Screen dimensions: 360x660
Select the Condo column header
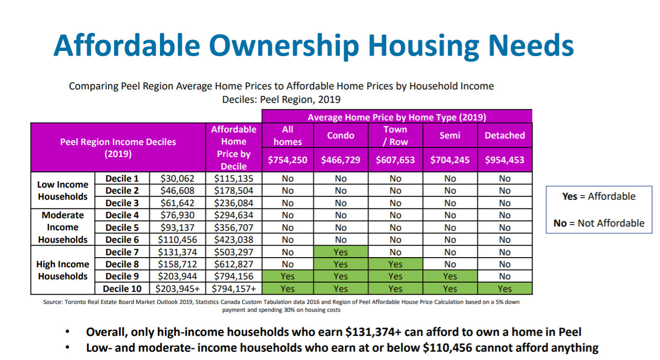[341, 136]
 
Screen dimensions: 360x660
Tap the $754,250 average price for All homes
[287, 160]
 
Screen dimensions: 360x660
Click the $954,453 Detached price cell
[505, 160]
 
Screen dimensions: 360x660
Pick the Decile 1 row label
[122, 178]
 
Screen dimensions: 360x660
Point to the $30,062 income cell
[178, 178]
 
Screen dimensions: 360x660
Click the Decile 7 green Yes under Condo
[341, 252]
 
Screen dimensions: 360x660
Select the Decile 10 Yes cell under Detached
[505, 289]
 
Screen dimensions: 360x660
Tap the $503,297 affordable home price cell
[234, 252]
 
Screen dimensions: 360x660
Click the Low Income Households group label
[63, 190]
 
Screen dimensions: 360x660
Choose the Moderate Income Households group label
[63, 227]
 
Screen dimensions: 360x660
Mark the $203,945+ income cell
[178, 289]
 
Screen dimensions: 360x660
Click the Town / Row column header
[395, 136]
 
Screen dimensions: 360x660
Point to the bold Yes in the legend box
[569, 196]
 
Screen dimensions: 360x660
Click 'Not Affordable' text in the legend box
[611, 223]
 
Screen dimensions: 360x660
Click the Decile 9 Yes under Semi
[450, 277]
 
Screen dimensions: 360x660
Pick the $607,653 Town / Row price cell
[395, 160]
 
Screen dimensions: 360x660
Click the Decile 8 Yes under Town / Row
[395, 264]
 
